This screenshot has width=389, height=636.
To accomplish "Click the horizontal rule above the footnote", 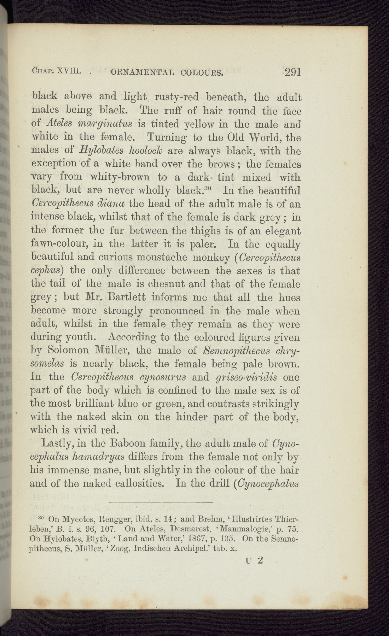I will tap(161, 502).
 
